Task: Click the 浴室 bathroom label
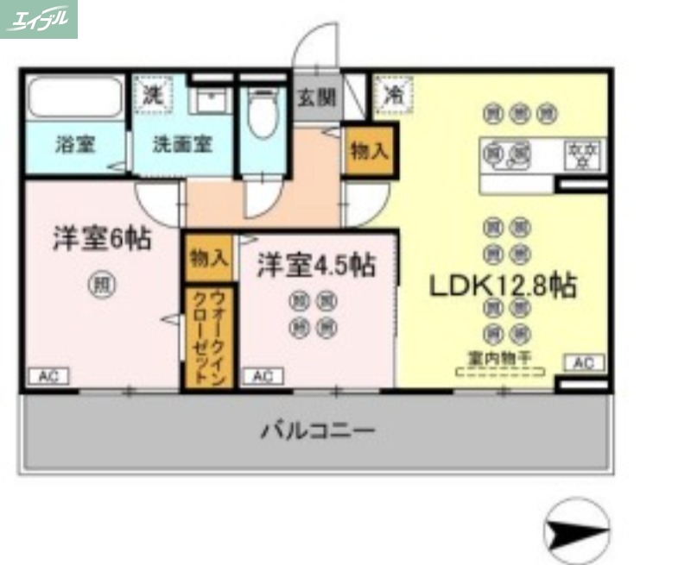75,144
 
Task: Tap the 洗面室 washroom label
182,144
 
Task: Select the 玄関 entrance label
317,97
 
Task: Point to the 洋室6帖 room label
102,239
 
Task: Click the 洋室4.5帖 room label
315,266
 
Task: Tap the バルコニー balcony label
318,430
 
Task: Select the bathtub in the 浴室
75,100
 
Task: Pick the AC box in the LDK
584,363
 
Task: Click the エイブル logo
39,19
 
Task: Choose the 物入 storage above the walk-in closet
208,257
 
